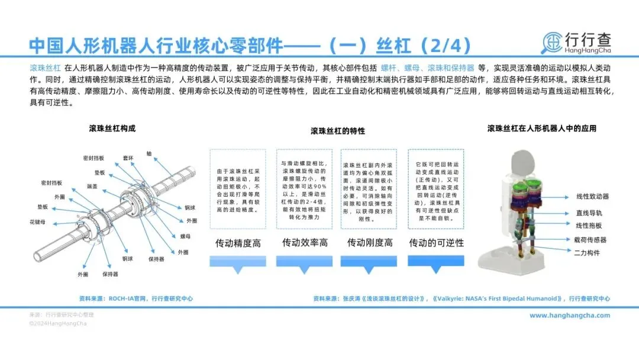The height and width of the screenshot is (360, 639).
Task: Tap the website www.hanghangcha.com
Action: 569,316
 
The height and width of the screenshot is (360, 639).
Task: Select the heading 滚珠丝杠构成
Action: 112,128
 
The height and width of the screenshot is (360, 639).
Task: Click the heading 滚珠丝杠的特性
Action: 338,131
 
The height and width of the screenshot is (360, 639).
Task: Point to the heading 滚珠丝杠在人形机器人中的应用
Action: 541,128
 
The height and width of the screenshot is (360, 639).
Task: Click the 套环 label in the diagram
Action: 128,157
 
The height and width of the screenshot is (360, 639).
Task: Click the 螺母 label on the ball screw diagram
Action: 185,235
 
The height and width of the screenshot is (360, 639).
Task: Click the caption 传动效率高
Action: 305,243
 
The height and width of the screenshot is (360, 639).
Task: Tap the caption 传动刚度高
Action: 370,243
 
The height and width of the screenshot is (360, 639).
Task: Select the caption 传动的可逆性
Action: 437,243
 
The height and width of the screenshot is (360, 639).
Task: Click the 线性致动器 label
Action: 592,196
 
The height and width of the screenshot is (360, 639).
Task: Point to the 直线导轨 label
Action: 589,212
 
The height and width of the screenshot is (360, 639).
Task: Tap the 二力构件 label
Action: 588,253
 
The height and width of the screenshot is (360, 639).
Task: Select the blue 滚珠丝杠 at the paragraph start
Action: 46,68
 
